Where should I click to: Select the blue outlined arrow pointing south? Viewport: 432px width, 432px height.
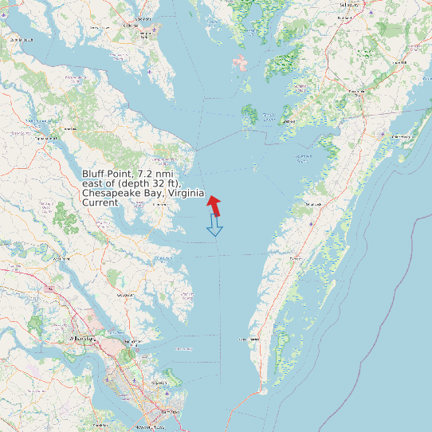[x=214, y=226]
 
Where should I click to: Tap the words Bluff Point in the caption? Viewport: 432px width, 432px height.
[x=107, y=174]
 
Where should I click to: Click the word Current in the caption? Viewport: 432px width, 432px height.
[x=100, y=203]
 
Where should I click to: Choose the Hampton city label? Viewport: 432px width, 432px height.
[x=170, y=412]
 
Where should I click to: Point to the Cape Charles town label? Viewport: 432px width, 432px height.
[x=249, y=340]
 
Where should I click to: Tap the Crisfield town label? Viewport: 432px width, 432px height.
[x=301, y=87]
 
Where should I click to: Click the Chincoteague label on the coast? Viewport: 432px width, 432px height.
[x=401, y=136]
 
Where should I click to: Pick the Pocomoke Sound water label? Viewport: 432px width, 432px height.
[x=303, y=157]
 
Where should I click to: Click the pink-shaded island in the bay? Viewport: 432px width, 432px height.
[x=240, y=63]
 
